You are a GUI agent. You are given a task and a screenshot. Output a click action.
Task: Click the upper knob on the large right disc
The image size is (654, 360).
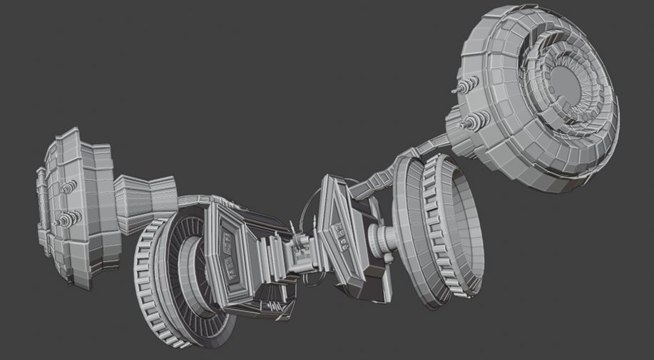tap(464, 87)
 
